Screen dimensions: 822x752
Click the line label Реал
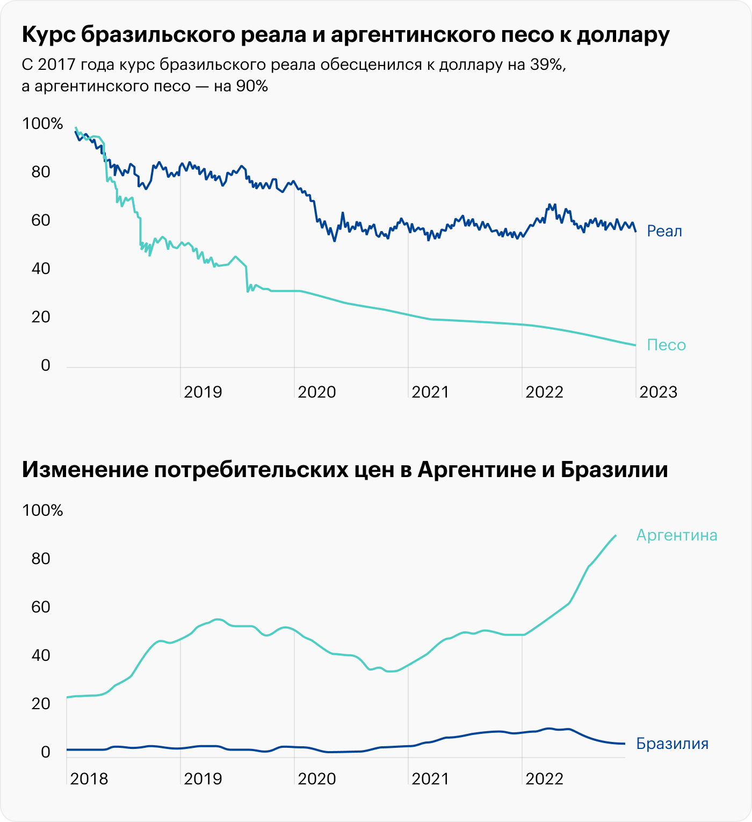[x=664, y=231]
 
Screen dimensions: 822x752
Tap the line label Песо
[x=666, y=345]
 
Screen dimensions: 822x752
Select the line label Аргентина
[x=677, y=535]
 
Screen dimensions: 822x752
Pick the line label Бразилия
[x=672, y=744]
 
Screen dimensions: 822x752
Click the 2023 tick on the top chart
[x=658, y=392]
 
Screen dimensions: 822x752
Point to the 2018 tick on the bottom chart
[x=89, y=778]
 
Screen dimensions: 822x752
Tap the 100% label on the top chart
[x=42, y=124]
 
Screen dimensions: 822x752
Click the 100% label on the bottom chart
[x=42, y=510]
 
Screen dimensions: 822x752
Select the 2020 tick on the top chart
[x=316, y=392]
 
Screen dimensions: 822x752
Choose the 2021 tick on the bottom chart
[x=430, y=778]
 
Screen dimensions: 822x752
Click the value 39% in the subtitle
[x=546, y=64]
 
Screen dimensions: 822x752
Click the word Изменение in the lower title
[x=85, y=470]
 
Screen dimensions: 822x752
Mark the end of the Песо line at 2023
[x=635, y=345]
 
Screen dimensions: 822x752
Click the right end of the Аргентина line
[x=616, y=535]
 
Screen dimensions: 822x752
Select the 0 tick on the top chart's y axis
[x=45, y=365]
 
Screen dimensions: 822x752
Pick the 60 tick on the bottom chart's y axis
[x=41, y=607]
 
